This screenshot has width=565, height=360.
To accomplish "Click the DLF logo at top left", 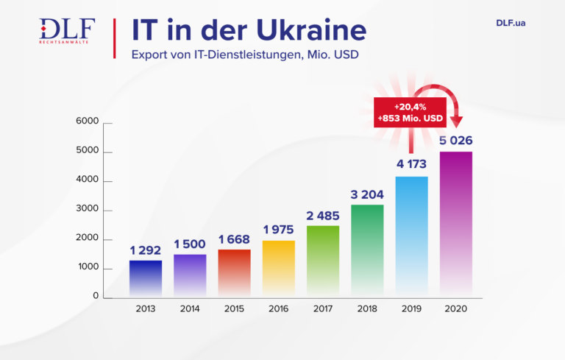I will (67, 31).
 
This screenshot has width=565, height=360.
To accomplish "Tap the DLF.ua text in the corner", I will (511, 23).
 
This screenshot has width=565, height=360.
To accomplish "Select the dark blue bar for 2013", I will (146, 279).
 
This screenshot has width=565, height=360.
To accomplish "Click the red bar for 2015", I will (234, 274).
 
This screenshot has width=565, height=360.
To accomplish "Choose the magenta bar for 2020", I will (456, 225).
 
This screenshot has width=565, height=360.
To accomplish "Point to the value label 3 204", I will (367, 194).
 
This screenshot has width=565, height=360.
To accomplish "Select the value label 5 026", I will (456, 141).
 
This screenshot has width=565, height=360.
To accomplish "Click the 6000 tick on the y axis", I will (88, 123).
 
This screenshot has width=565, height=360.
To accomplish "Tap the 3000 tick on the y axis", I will (88, 211).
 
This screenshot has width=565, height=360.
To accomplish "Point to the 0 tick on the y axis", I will (96, 296).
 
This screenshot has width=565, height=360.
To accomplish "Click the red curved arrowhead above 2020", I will (456, 119).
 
